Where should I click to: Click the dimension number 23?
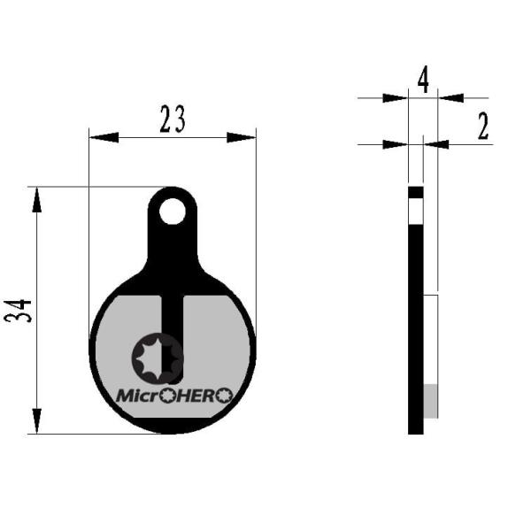tap(173, 119)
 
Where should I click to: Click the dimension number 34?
tap(18, 311)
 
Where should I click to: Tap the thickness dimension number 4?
tap(423, 81)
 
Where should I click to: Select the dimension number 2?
tap(483, 126)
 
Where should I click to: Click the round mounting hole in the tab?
tap(173, 212)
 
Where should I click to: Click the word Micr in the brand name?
tap(137, 396)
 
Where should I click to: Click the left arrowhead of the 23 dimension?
tap(104, 137)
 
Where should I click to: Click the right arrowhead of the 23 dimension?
tap(241, 137)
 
